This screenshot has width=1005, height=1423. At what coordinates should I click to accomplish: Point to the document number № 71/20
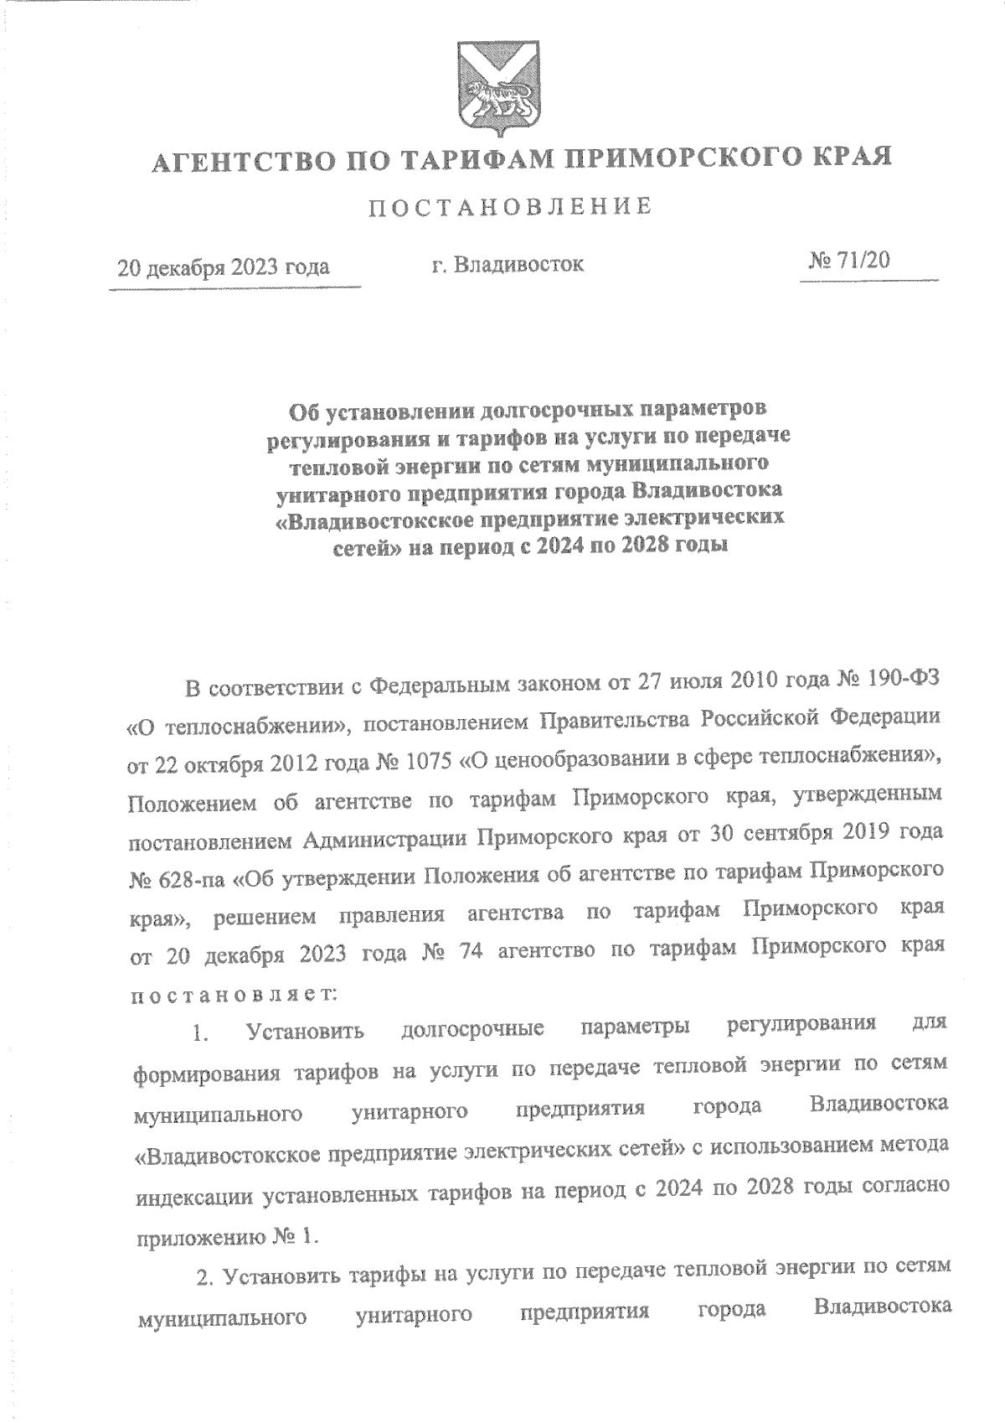848,261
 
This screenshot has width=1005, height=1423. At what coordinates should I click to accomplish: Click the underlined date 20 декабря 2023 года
224,267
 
